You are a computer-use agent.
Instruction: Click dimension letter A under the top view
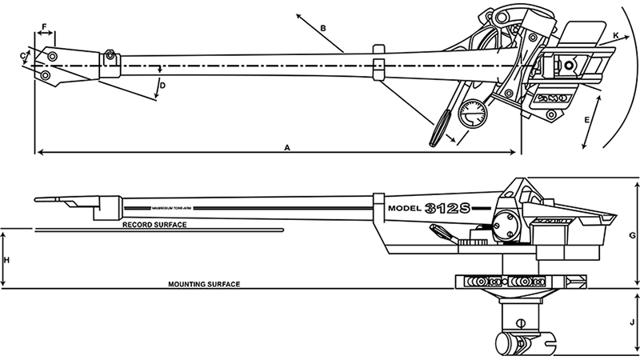287,146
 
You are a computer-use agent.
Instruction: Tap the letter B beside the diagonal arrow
322,28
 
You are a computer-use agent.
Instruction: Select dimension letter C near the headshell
23,54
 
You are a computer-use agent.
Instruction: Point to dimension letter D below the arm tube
162,85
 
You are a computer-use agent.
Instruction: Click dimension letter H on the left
6,260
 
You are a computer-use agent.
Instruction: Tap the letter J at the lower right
632,322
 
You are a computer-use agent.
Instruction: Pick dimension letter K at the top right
615,36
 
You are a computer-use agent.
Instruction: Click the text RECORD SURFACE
154,226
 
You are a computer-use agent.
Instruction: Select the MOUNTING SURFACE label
204,284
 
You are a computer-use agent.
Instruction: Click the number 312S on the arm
450,207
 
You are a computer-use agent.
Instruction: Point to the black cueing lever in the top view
441,128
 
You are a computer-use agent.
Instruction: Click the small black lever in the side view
441,232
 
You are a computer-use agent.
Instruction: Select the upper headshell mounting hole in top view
52,57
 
